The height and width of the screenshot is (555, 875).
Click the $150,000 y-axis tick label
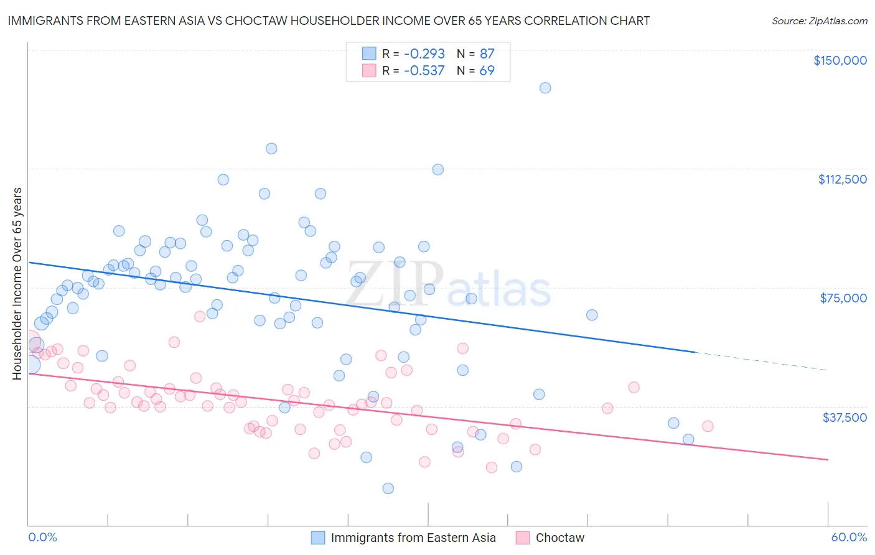pos(840,60)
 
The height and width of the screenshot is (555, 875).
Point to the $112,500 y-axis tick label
pos(842,179)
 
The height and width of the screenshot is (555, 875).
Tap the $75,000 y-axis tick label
pos(843,298)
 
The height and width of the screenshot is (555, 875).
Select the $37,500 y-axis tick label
pos(845,417)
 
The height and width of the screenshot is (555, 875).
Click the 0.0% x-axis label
pos(42,537)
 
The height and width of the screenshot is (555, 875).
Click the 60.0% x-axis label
pos(849,537)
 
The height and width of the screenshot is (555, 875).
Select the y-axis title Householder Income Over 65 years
pos(17,283)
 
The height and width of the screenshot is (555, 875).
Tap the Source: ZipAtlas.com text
pos(819,21)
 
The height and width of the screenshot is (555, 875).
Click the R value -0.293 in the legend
pos(424,54)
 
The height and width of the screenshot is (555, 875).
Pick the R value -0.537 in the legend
pos(424,70)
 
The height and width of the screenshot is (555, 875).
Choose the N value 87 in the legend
pos(487,54)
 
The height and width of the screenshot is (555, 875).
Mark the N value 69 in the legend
pos(487,70)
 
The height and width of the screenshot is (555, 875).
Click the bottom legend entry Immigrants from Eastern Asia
pos(413,538)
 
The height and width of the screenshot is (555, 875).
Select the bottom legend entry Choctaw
pos(559,538)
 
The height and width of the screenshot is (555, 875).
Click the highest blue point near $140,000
pos(545,88)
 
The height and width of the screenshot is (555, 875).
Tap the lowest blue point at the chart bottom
pos(388,488)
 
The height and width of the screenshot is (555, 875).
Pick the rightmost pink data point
pos(708,426)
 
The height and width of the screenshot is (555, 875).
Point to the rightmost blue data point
pos(688,439)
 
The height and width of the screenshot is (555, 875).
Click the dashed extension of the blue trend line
pos(759,361)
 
